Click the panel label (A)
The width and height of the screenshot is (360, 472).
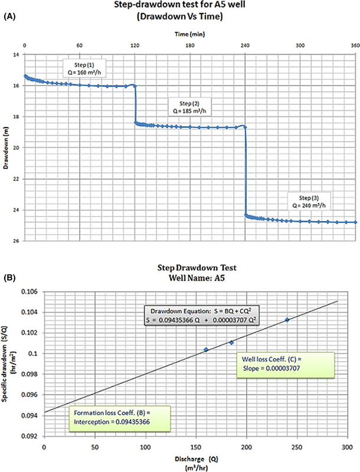click(x=9, y=18)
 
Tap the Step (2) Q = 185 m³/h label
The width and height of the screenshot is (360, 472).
click(x=189, y=106)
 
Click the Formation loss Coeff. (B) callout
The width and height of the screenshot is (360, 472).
click(x=112, y=417)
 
